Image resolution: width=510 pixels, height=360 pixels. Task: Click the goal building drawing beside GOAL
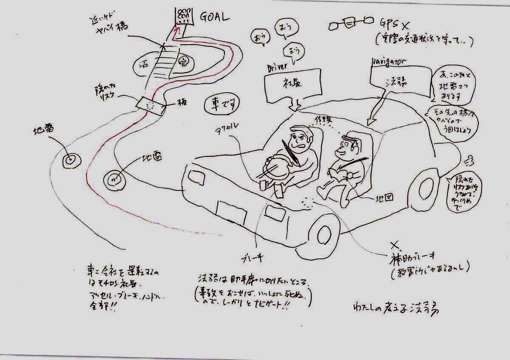coord(184,15)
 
